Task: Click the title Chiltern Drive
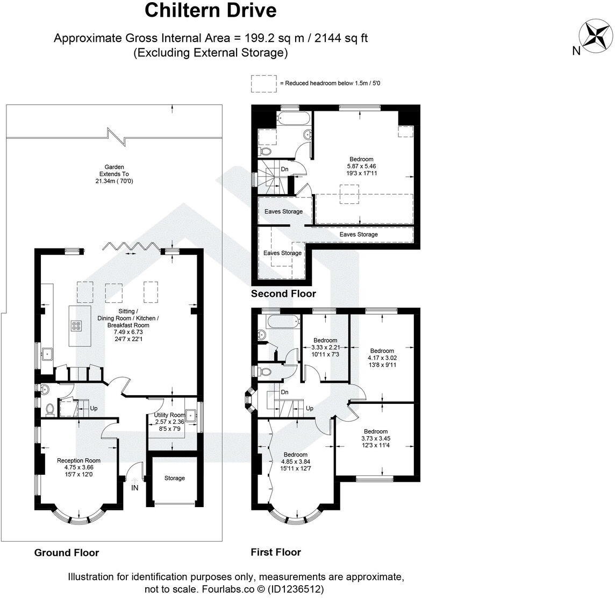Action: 211,11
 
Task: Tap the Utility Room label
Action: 169,415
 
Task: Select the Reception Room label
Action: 79,460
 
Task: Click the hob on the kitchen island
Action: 76,325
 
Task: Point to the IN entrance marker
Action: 134,488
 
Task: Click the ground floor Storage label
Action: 175,478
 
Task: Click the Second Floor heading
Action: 283,294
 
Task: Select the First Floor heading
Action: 276,552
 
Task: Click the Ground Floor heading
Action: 67,552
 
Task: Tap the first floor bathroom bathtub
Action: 283,322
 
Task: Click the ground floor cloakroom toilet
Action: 50,409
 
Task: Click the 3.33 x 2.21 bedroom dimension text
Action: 326,347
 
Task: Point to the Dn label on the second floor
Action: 285,169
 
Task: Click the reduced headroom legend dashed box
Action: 263,83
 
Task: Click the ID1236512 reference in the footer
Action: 296,589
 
